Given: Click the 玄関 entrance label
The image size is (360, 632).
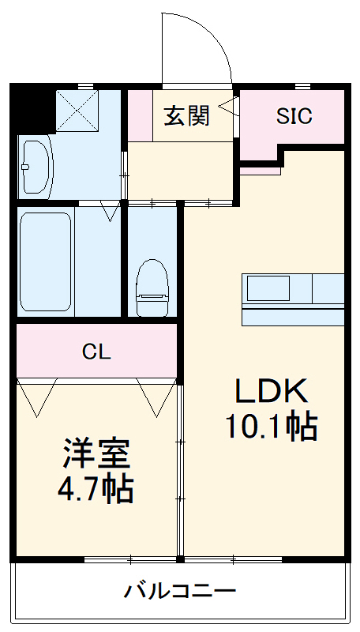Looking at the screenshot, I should click(187, 116).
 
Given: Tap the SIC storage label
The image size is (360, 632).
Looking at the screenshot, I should click(294, 116).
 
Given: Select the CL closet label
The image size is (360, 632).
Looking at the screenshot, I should click(96, 352).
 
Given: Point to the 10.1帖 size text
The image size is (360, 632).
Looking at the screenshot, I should click(272, 427).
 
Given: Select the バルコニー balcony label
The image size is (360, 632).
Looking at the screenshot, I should click(180, 590).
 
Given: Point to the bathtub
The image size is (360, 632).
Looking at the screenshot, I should click(46, 261).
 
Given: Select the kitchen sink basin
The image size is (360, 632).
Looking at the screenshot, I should click(268, 288).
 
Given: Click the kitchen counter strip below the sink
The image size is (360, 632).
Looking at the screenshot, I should click(293, 316).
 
